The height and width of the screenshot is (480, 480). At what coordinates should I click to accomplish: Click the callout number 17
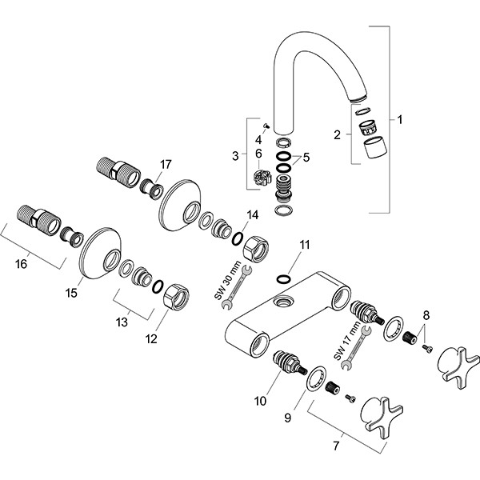pyautogui.click(x=166, y=164)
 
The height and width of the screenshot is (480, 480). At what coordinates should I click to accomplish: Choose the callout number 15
pyautogui.click(x=71, y=293)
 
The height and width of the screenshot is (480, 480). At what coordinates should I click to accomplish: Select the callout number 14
pyautogui.click(x=253, y=214)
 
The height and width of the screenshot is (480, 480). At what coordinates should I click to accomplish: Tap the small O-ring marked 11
pyautogui.click(x=282, y=279)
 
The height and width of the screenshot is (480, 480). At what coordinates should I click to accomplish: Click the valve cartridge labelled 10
pyautogui.click(x=288, y=363)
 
